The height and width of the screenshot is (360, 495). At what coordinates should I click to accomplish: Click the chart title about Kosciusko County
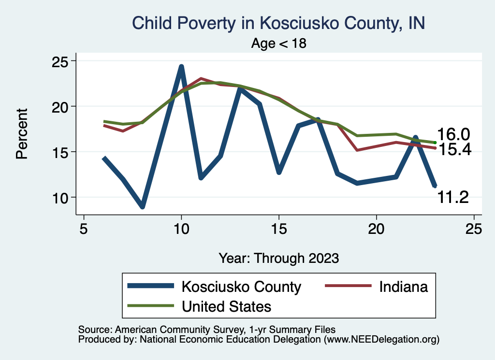tap(278, 23)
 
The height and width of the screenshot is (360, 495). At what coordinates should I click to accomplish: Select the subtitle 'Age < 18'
tap(279, 43)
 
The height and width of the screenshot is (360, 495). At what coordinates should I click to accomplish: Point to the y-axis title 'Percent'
tap(22, 133)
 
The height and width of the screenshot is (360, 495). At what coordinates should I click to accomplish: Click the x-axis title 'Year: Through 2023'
tap(279, 258)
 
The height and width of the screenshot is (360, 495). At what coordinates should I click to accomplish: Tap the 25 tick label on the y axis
tap(59, 61)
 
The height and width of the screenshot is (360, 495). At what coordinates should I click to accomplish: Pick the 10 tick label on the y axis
tap(59, 198)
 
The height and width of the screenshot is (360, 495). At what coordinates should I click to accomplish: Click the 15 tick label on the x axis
tap(279, 229)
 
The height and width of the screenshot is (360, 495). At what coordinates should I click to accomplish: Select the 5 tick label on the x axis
tap(84, 229)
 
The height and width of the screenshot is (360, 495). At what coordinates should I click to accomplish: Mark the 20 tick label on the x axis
tap(376, 229)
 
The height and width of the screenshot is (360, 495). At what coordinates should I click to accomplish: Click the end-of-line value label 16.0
tap(453, 134)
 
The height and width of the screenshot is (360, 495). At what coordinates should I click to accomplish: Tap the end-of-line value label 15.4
tap(455, 149)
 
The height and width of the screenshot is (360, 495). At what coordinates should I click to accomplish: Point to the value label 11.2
tap(453, 198)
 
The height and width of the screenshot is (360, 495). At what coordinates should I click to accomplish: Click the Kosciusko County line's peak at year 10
tap(181, 67)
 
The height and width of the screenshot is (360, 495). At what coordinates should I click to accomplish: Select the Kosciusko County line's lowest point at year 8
tap(143, 206)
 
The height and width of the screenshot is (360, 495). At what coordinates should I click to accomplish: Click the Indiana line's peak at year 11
tap(201, 78)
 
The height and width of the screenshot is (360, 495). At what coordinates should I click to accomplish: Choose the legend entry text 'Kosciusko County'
tap(242, 287)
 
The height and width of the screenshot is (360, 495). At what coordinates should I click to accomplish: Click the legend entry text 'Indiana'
tap(404, 287)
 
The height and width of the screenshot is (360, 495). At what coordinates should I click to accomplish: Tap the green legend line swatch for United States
tap(151, 306)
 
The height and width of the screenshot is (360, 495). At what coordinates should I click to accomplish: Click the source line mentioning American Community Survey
tap(207, 330)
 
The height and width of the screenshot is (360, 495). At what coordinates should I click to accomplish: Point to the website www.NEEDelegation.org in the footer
tap(381, 340)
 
